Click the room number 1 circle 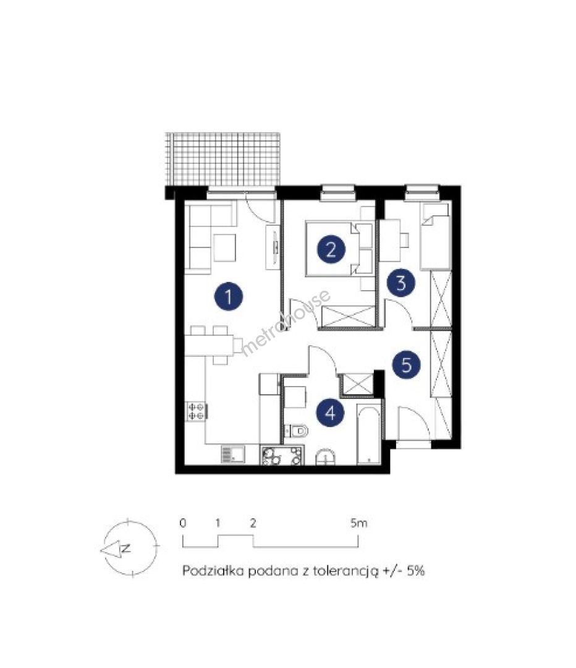point(229,296)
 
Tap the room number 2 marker point(331,249)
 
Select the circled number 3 point(400,283)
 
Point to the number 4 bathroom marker point(331,413)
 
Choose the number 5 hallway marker point(407,365)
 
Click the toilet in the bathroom point(296,430)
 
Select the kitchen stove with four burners point(196,412)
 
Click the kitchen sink point(232,454)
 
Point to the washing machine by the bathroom point(282,455)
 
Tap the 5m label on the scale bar point(358,522)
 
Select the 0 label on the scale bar point(183,523)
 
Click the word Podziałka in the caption point(213,570)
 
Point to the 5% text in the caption point(415,570)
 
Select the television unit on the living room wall point(273,247)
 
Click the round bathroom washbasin point(326,458)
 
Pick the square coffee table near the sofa point(225,248)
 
